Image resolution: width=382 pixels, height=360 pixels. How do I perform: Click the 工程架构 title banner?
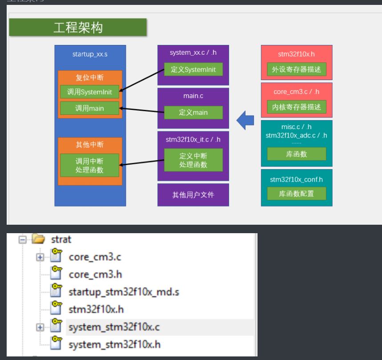tap(78, 27)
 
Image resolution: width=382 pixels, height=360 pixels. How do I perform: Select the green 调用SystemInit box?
tap(90, 92)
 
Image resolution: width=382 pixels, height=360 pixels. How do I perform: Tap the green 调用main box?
tap(90, 108)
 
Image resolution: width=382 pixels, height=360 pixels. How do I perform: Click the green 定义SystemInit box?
tap(193, 69)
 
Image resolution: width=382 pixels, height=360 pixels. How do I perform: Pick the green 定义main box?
tap(193, 113)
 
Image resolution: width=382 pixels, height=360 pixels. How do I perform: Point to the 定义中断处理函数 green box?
tap(193, 160)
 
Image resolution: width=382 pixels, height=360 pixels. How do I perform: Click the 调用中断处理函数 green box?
tap(90, 165)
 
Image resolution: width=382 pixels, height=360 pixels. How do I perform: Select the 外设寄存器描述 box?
tap(297, 69)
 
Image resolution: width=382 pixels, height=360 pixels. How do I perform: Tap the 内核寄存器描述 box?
tap(297, 107)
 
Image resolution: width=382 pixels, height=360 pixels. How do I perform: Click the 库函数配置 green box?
tap(297, 194)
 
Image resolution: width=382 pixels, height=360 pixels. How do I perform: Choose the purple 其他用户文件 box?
tap(193, 195)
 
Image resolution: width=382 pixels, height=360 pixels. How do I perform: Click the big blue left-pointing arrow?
tap(245, 120)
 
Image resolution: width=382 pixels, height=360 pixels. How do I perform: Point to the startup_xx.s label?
tap(90, 54)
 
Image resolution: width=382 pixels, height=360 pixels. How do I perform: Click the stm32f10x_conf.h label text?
tap(297, 180)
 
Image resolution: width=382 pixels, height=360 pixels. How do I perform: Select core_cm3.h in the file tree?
tap(95, 275)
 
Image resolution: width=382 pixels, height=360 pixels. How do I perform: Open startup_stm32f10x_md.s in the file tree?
tap(124, 292)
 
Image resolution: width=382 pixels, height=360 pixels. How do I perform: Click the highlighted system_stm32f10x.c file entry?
tap(114, 327)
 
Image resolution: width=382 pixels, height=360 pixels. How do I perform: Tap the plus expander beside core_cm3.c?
tap(40, 257)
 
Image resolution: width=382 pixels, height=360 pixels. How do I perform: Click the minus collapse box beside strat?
tap(22, 240)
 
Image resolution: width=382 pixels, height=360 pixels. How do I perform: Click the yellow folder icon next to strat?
tap(39, 239)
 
